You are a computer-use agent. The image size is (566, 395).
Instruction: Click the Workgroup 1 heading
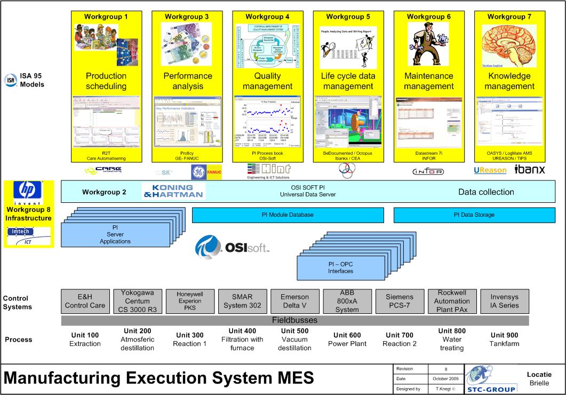(106, 17)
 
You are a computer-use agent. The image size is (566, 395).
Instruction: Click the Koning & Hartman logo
(173, 192)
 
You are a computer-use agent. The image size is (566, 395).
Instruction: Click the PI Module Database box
(288, 215)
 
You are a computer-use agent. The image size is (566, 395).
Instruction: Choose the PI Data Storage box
(474, 215)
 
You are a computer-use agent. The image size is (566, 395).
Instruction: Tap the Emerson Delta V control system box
(294, 302)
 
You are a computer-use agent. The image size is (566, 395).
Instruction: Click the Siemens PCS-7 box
(398, 302)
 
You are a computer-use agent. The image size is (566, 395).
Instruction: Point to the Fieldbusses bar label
(294, 320)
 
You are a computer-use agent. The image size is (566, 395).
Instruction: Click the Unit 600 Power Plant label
(347, 339)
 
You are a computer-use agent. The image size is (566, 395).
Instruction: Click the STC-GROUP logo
(491, 380)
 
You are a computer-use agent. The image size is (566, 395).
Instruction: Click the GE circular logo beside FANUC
(198, 171)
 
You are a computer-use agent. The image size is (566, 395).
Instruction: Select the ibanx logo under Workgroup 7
(529, 170)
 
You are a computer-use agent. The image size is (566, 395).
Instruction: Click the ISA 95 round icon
(10, 81)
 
